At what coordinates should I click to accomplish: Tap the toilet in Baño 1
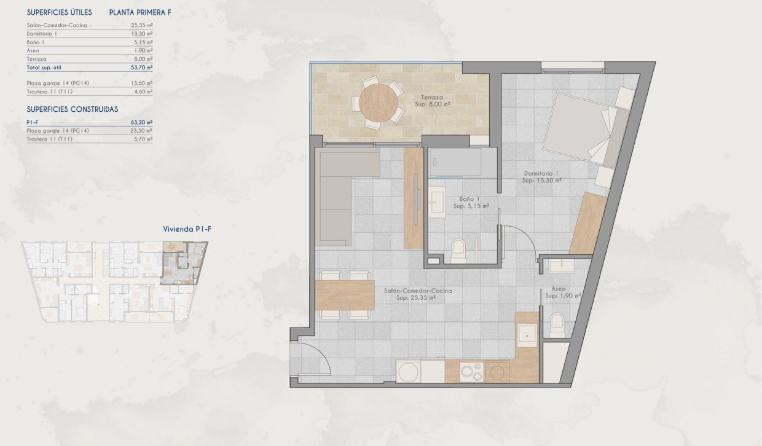[459, 251]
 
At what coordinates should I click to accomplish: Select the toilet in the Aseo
[557, 324]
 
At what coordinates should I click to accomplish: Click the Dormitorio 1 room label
[542, 176]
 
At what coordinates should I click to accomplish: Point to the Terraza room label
[433, 101]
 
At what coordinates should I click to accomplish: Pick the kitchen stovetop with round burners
[472, 371]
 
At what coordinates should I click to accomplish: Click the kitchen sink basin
[527, 334]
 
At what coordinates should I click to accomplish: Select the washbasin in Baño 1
[438, 201]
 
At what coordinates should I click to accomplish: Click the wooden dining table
[345, 295]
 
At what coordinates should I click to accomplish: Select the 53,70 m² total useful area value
[142, 67]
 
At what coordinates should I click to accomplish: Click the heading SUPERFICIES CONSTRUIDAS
[73, 109]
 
